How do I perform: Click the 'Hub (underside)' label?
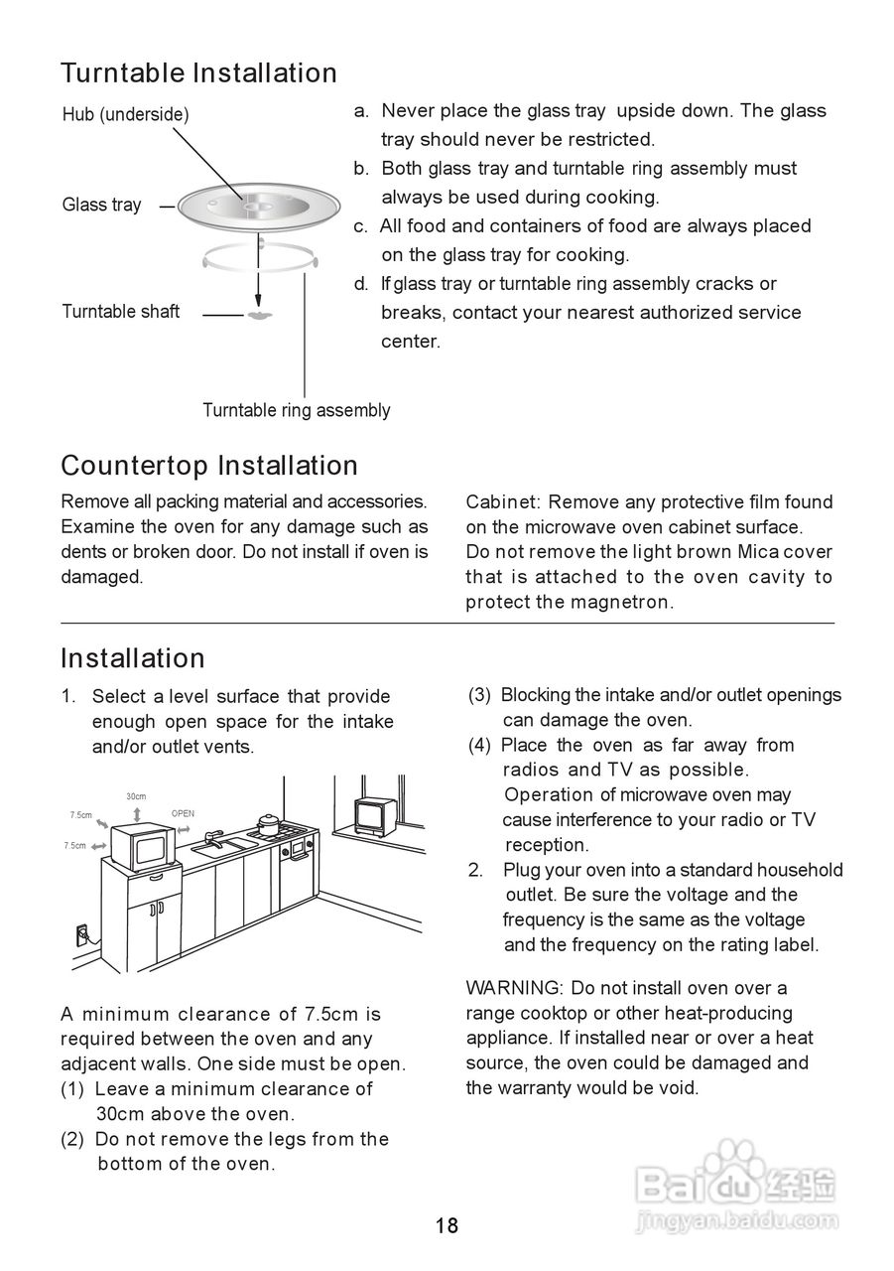click(125, 114)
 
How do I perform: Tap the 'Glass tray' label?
click(101, 205)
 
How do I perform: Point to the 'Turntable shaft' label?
click(120, 311)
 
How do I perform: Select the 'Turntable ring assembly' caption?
click(296, 410)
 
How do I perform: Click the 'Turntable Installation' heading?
click(198, 72)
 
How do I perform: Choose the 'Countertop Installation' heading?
click(209, 466)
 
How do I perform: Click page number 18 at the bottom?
click(447, 1225)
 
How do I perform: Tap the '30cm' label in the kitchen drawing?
click(136, 796)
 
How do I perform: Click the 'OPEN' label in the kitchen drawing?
click(183, 813)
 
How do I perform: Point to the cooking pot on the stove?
click(268, 823)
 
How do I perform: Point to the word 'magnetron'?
click(621, 602)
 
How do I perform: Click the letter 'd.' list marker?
click(361, 284)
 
